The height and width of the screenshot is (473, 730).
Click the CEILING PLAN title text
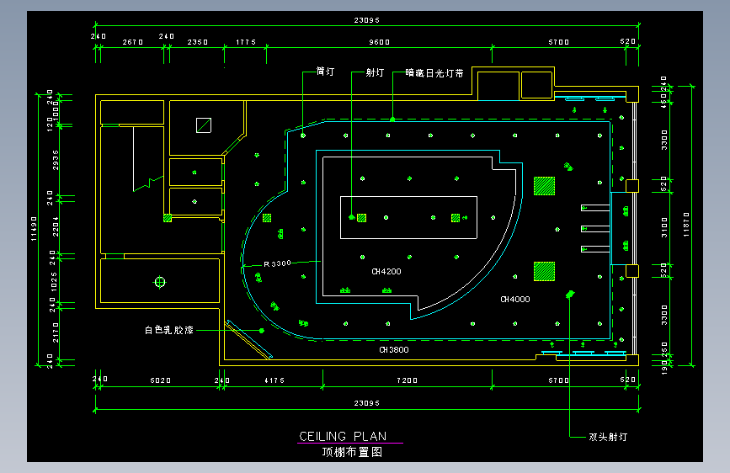click(343, 436)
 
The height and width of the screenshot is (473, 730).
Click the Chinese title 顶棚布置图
click(352, 452)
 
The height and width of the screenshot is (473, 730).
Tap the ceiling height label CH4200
click(386, 272)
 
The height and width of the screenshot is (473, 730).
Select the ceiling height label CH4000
click(515, 299)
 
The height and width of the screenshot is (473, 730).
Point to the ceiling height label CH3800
click(393, 349)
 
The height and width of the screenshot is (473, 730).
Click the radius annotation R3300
click(277, 263)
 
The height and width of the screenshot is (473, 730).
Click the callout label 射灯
click(376, 73)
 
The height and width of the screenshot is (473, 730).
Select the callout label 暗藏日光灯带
click(434, 73)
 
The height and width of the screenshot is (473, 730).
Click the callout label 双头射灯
click(608, 437)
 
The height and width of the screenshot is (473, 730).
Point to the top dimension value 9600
click(380, 41)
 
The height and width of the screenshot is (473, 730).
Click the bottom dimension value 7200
click(408, 381)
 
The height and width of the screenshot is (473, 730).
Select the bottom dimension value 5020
click(160, 381)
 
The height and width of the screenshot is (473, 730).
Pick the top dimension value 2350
click(198, 41)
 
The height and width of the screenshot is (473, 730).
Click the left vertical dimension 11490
click(34, 228)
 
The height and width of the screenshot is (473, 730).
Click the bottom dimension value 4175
click(275, 381)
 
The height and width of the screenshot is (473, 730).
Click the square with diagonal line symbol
click(203, 125)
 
